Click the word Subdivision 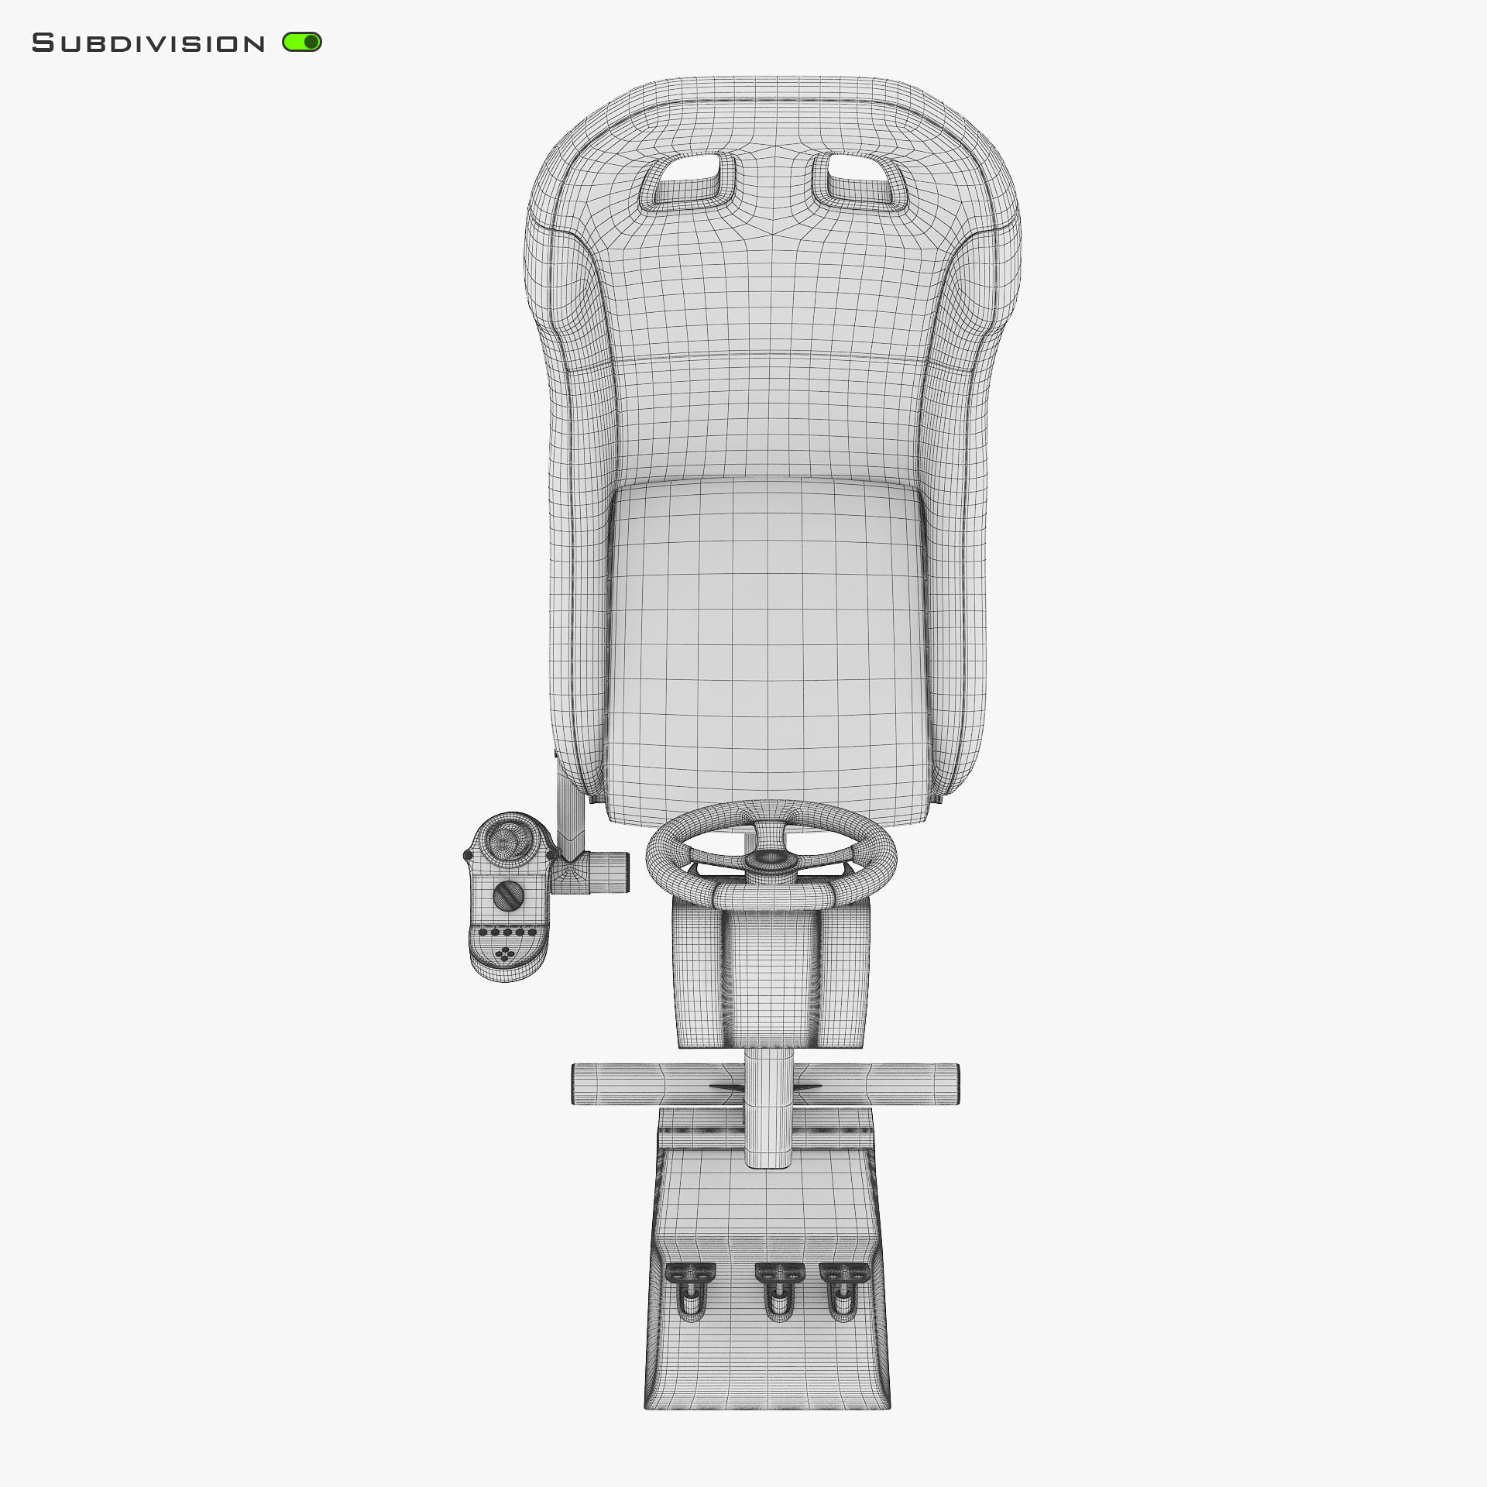(148, 43)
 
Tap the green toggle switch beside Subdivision (302, 42)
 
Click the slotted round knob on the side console (508, 895)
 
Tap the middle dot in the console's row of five (507, 932)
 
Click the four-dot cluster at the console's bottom (507, 954)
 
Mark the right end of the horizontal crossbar (950, 1083)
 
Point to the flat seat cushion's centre (767, 643)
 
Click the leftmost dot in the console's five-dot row (483, 932)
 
